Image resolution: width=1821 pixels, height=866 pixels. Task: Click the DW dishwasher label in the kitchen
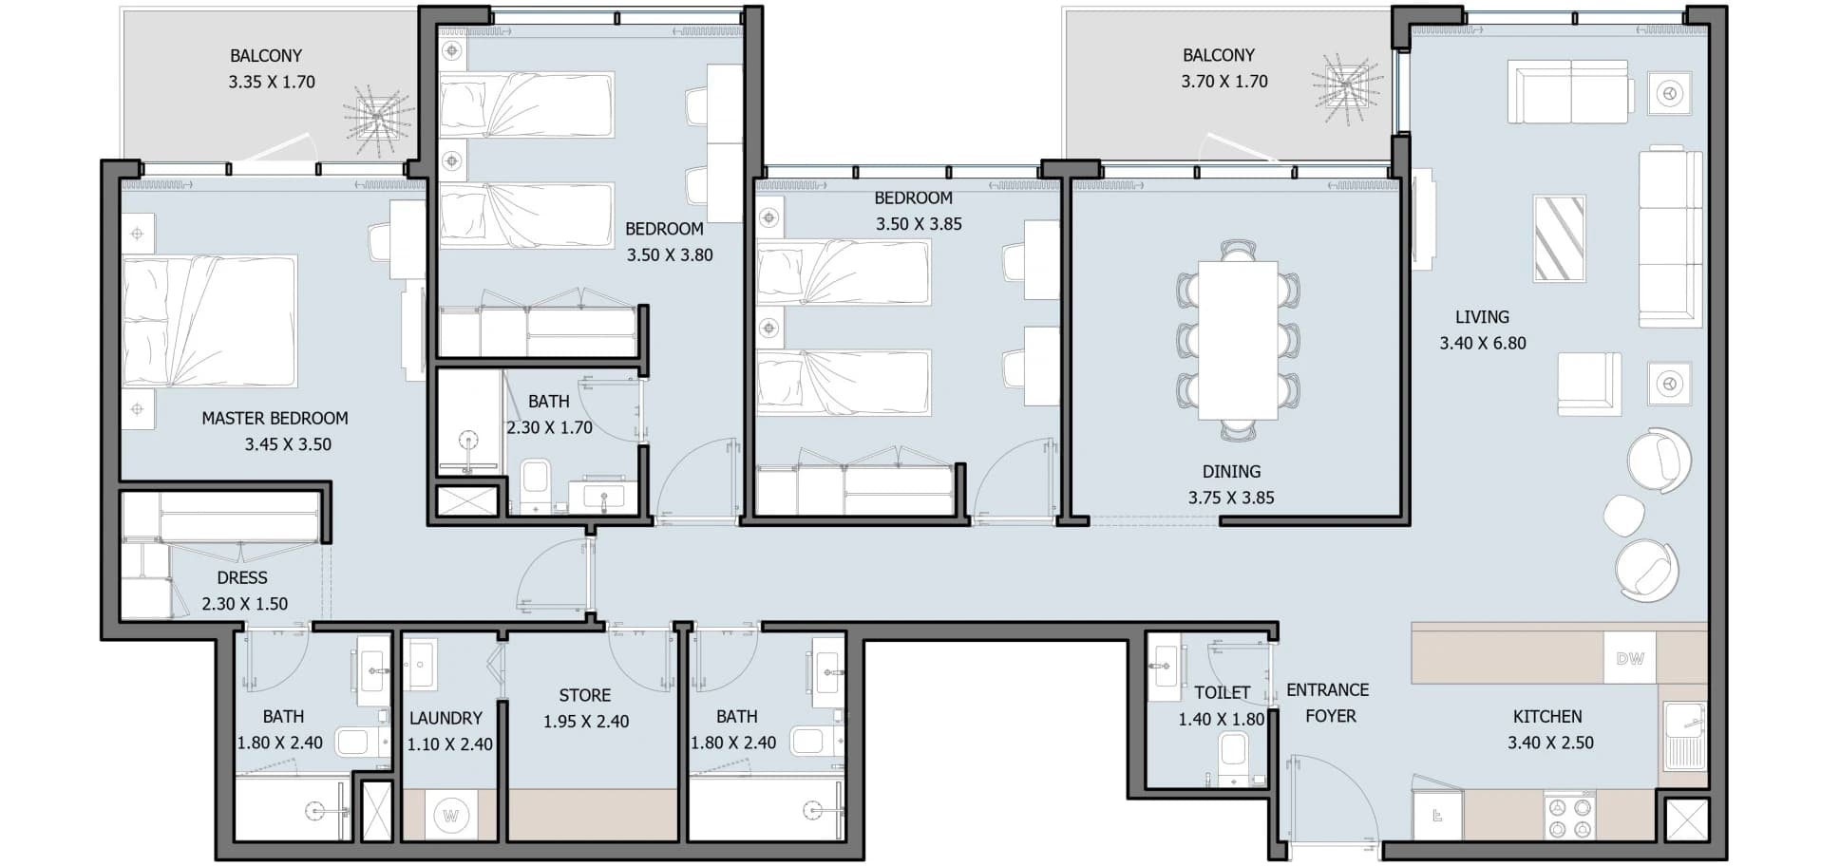click(1629, 658)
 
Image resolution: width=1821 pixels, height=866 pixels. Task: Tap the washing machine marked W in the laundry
click(451, 816)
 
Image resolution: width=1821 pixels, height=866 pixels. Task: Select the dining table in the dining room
click(1238, 340)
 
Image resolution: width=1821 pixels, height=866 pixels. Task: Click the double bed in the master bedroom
click(210, 321)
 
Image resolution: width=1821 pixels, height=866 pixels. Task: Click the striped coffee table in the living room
click(1559, 238)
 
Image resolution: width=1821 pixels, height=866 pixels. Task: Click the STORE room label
click(585, 695)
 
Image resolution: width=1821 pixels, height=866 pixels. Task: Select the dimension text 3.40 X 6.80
click(1482, 344)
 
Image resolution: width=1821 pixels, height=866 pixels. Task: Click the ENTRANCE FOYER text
click(1328, 703)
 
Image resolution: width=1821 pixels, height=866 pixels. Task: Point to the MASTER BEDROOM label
click(275, 418)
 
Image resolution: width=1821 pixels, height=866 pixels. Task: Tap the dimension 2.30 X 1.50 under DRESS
click(244, 604)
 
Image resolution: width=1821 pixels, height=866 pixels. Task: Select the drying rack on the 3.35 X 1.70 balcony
click(378, 119)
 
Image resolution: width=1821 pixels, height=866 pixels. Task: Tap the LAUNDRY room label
click(446, 718)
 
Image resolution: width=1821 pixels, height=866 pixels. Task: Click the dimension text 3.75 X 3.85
click(1231, 498)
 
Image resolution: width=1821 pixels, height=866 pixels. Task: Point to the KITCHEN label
click(1547, 717)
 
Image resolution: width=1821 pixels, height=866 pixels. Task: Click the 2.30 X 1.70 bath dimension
click(549, 428)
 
